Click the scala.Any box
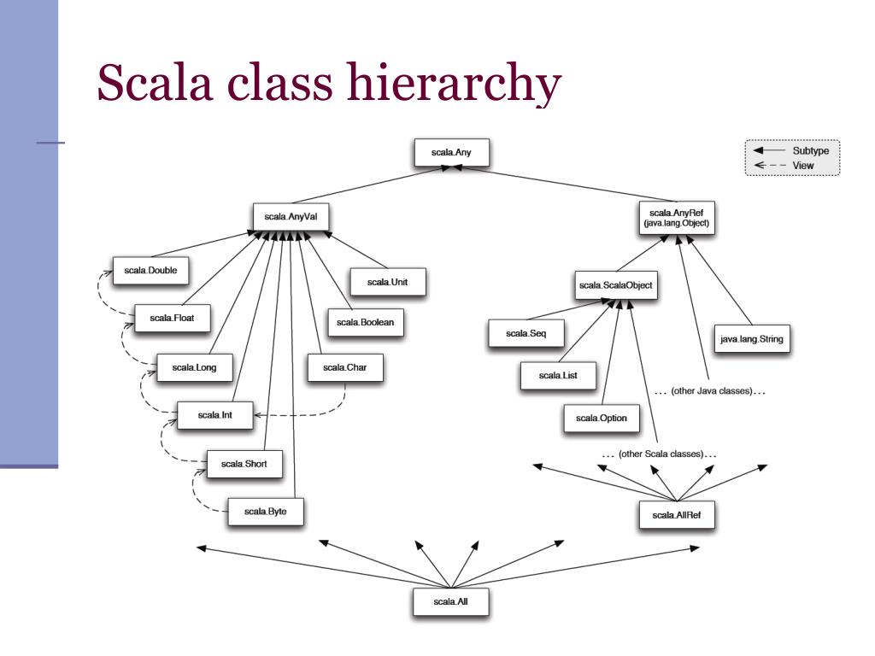[x=451, y=153]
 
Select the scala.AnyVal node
[x=291, y=216]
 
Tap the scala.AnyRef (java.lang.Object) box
[x=677, y=216]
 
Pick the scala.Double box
[x=150, y=271]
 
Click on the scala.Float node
[x=172, y=318]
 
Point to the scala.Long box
[x=194, y=367]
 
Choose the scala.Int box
[x=214, y=415]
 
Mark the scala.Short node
[x=244, y=464]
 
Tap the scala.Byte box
[x=265, y=511]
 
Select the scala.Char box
[x=344, y=368]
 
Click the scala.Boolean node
[x=365, y=322]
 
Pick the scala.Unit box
[x=387, y=282]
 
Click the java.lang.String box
[x=751, y=339]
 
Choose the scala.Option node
[x=602, y=418]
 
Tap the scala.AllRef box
[x=677, y=515]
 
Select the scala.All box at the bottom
[x=450, y=601]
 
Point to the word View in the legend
[x=803, y=166]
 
